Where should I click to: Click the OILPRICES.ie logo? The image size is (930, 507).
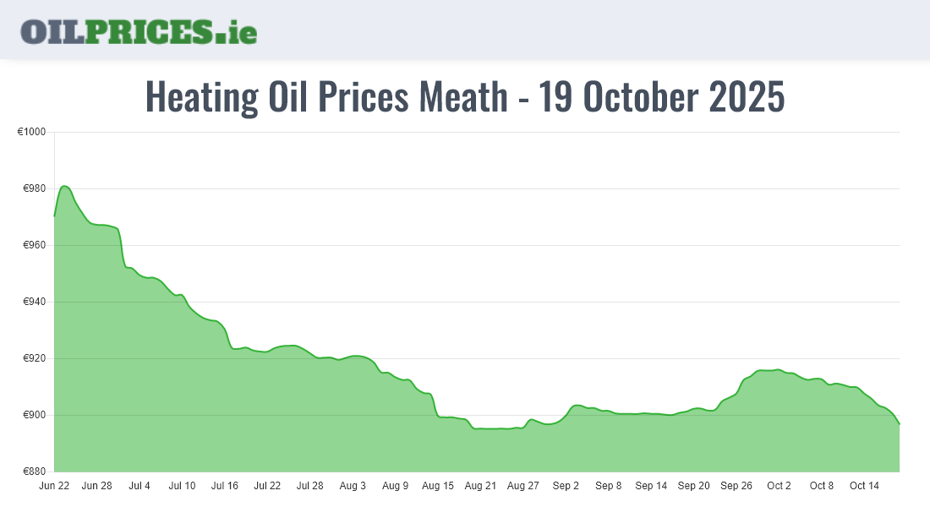(x=139, y=31)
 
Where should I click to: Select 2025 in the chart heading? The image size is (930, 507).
(x=747, y=97)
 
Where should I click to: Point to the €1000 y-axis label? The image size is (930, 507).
(x=31, y=132)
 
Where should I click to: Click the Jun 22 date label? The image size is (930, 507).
(x=54, y=486)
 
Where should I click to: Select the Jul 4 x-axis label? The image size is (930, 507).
(x=139, y=486)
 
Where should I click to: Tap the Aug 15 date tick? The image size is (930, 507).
(x=438, y=486)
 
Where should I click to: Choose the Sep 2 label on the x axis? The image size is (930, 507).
(x=566, y=486)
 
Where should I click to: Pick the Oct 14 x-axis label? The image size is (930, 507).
(x=865, y=486)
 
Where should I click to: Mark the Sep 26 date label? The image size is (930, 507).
(x=736, y=486)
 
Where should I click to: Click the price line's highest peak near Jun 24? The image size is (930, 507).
(x=65, y=186)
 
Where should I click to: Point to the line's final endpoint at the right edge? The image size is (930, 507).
(x=899, y=423)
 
